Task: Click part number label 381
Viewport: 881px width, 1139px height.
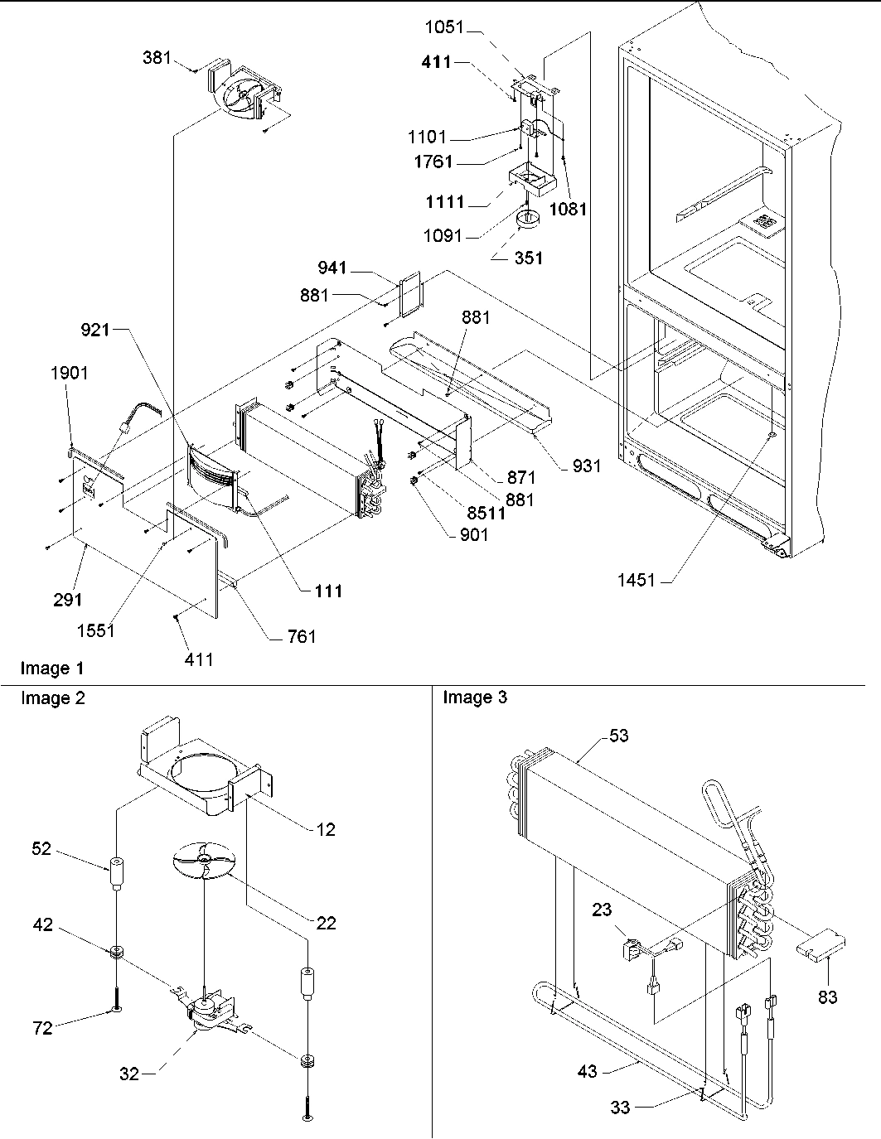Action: (157, 58)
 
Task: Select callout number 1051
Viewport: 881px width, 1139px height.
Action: (446, 27)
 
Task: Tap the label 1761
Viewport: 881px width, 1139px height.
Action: (433, 162)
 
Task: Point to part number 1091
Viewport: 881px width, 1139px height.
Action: (443, 236)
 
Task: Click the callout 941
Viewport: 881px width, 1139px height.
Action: (333, 268)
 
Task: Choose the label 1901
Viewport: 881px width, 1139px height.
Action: (69, 373)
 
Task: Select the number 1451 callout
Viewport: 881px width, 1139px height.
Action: (637, 581)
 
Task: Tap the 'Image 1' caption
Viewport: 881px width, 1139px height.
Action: (52, 668)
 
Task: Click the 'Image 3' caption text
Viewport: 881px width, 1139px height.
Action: (475, 698)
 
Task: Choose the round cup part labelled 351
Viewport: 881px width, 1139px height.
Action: (525, 220)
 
